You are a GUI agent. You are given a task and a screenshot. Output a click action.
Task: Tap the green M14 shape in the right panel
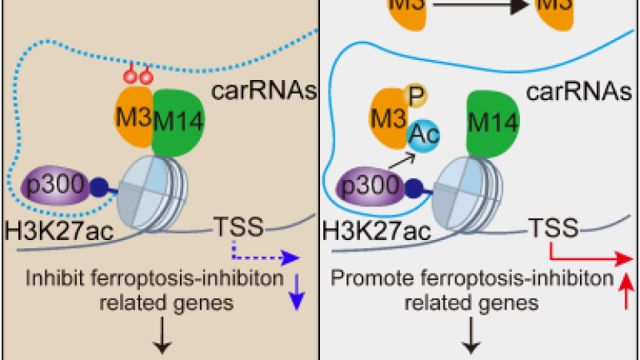point(491,123)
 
